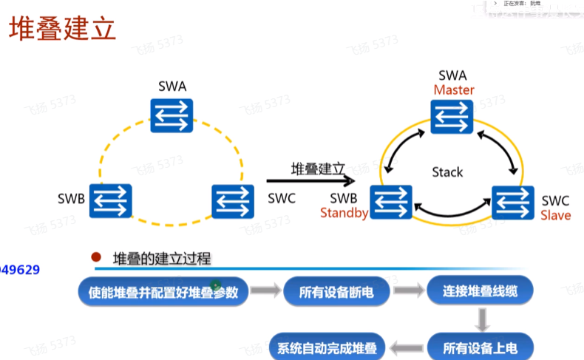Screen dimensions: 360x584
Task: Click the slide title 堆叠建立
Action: point(62,31)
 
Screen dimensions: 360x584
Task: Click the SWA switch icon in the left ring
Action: point(172,114)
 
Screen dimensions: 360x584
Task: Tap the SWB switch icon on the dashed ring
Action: point(111,200)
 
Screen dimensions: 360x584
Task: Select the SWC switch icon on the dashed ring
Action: point(234,200)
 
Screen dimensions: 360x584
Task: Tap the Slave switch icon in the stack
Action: point(514,202)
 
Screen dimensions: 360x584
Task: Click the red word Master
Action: point(454,90)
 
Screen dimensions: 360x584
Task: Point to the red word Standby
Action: point(344,214)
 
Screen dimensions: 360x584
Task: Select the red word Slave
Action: point(555,215)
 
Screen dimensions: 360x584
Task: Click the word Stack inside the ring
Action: point(447,172)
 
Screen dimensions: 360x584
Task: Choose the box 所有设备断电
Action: point(336,293)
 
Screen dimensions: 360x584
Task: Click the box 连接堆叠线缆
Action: point(480,292)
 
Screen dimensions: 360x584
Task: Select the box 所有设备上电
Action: point(480,346)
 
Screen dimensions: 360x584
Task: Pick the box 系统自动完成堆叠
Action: point(327,347)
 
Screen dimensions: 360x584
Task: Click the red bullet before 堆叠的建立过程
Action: point(95,258)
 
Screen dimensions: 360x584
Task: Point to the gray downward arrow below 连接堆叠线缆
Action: point(482,319)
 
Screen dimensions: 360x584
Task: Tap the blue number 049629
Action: point(20,270)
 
